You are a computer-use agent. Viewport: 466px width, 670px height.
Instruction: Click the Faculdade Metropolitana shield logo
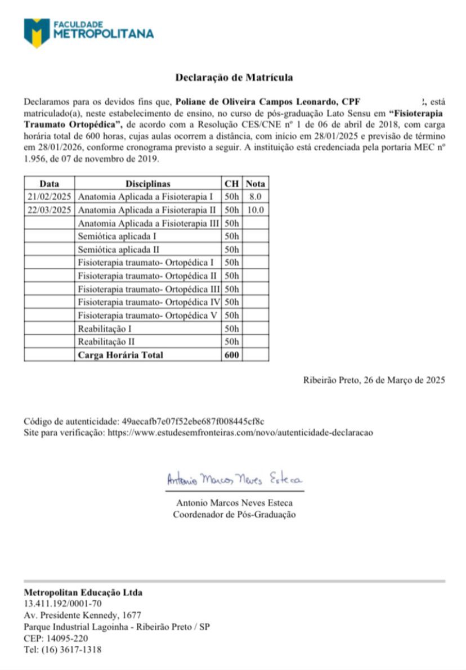tap(37, 32)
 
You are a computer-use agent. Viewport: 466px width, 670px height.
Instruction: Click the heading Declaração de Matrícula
tap(234, 78)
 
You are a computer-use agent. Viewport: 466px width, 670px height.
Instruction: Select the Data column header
tap(49, 183)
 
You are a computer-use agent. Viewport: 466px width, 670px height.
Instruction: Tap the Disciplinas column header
tap(148, 183)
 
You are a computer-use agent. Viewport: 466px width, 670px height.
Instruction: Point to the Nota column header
tap(256, 183)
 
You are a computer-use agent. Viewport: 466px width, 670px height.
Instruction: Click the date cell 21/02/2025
tap(49, 197)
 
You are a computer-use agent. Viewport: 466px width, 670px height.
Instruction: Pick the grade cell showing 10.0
tap(256, 210)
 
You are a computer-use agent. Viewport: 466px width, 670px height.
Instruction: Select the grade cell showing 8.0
tap(256, 197)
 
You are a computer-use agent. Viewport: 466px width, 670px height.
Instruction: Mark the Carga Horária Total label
tap(120, 355)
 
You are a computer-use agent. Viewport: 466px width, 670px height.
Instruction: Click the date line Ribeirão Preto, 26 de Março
tap(374, 380)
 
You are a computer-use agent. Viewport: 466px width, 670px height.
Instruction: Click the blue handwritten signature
tap(234, 479)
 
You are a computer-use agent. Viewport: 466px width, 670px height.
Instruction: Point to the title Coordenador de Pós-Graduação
tap(234, 514)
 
